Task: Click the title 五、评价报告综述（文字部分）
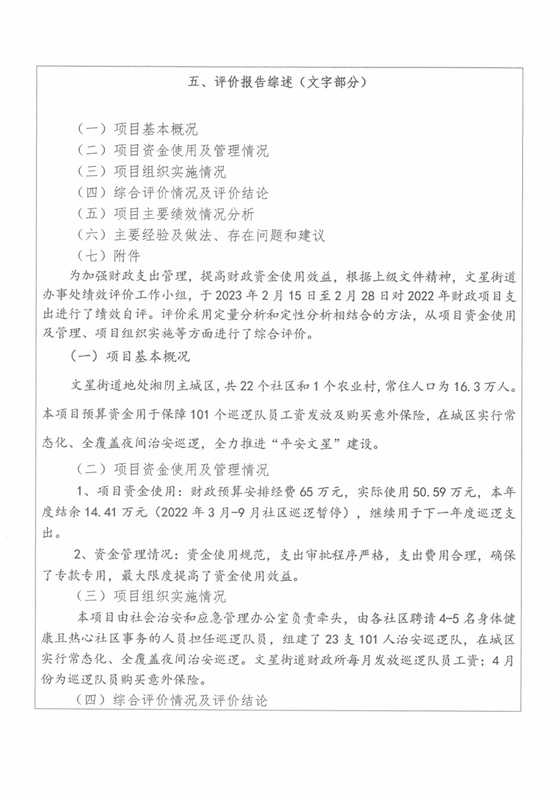tap(278, 82)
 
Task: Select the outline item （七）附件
tap(108, 256)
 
